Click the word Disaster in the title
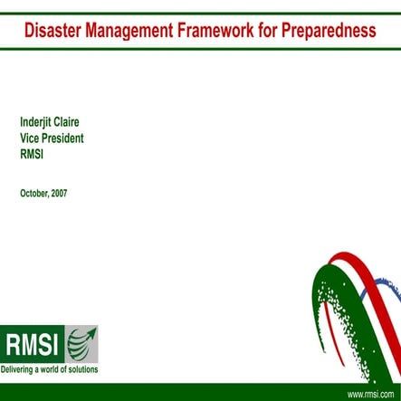[x=53, y=31]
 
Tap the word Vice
[x=32, y=138]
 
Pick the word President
[x=66, y=138]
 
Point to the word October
[x=34, y=193]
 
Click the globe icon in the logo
[x=81, y=344]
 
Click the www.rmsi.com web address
[x=366, y=394]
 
